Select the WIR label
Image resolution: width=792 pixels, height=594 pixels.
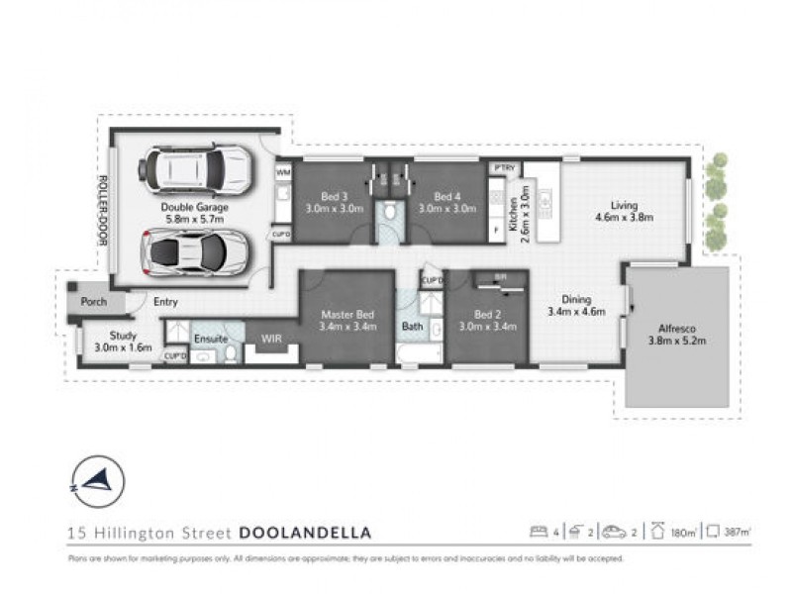[x=271, y=340]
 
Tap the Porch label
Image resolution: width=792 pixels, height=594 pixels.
[x=94, y=302]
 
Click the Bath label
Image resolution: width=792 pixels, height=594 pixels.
[x=413, y=326]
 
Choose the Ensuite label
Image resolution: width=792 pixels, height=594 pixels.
[x=210, y=340]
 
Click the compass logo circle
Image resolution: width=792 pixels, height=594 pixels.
[x=97, y=482]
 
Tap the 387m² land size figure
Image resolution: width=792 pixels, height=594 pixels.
[x=736, y=533]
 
